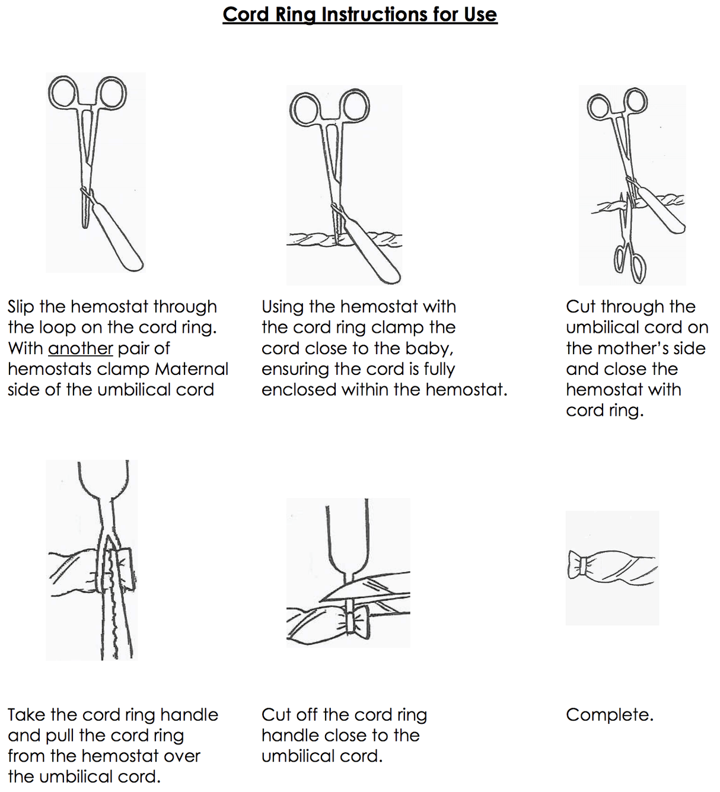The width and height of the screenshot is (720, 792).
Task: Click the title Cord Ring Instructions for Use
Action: [359, 14]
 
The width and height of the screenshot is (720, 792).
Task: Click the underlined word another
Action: [80, 348]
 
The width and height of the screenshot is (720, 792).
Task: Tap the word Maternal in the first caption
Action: [191, 369]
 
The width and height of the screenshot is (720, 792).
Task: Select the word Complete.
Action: [609, 715]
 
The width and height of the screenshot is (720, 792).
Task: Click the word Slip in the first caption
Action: [21, 307]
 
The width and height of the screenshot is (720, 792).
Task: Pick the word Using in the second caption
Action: [282, 307]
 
